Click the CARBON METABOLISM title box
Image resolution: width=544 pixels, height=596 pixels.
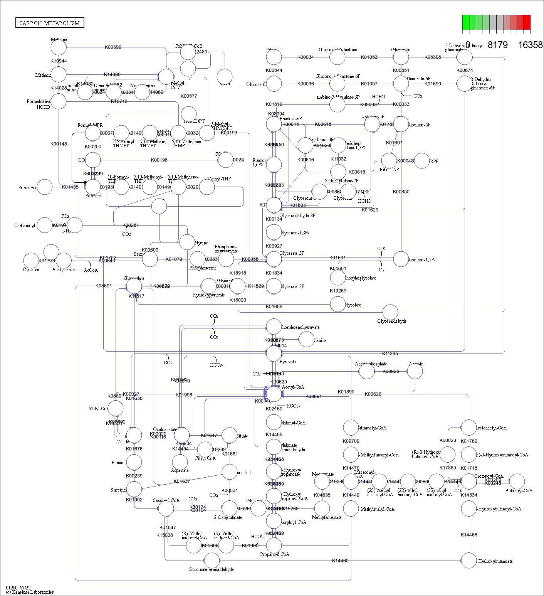pyautogui.click(x=50, y=23)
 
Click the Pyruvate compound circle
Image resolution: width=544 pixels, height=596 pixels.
pyautogui.click(x=274, y=353)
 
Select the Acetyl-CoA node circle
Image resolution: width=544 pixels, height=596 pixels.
pyautogui.click(x=274, y=394)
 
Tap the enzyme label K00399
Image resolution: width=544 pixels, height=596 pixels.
pyautogui.click(x=113, y=47)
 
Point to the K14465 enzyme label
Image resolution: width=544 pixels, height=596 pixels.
pyautogui.click(x=340, y=561)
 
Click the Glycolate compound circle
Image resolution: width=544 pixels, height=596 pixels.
pyautogui.click(x=338, y=305)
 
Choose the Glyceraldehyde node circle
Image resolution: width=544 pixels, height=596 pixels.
pyautogui.click(x=390, y=312)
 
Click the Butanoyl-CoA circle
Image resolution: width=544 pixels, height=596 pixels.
pyautogui.click(x=517, y=482)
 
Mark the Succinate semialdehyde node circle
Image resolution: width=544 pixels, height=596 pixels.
pyautogui.click(x=212, y=561)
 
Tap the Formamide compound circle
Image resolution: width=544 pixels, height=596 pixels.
pyautogui.click(x=45, y=187)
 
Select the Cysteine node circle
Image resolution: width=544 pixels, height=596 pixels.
pyautogui.click(x=31, y=261)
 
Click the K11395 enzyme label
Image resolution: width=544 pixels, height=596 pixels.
pyautogui.click(x=390, y=354)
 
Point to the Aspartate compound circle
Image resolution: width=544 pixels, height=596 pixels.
pyautogui.click(x=180, y=462)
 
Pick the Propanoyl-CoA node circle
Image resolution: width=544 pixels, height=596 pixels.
pyautogui.click(x=274, y=545)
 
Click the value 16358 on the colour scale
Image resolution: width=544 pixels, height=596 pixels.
pyautogui.click(x=530, y=45)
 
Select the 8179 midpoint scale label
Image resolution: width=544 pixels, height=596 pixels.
pyautogui.click(x=497, y=45)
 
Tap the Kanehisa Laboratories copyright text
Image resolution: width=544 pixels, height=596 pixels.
pyautogui.click(x=30, y=592)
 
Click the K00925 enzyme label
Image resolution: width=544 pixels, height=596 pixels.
pyautogui.click(x=391, y=371)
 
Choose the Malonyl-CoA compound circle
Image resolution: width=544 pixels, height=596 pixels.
pyautogui.click(x=274, y=422)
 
